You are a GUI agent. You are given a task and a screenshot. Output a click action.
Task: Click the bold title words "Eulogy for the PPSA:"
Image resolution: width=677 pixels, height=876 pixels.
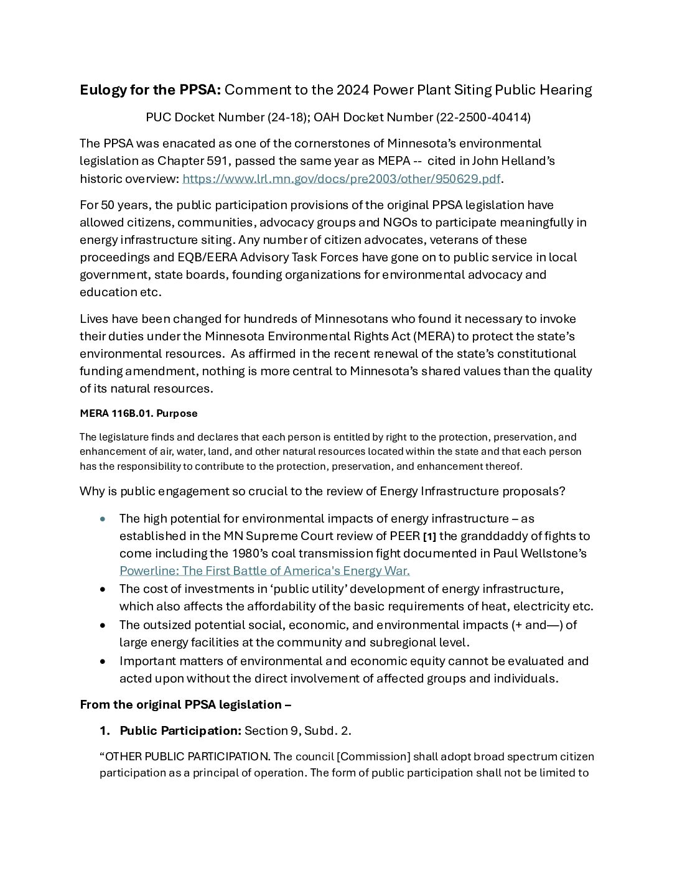click(x=150, y=90)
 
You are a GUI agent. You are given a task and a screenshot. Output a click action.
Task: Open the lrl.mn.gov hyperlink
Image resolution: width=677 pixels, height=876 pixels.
click(x=341, y=179)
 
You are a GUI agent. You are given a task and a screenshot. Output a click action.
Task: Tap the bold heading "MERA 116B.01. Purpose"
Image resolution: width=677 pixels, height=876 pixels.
click(x=138, y=413)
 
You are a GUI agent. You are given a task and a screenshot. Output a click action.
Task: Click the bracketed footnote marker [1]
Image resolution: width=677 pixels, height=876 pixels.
click(x=429, y=537)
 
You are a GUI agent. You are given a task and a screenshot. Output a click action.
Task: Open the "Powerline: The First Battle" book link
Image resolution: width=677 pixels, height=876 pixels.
click(x=264, y=571)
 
